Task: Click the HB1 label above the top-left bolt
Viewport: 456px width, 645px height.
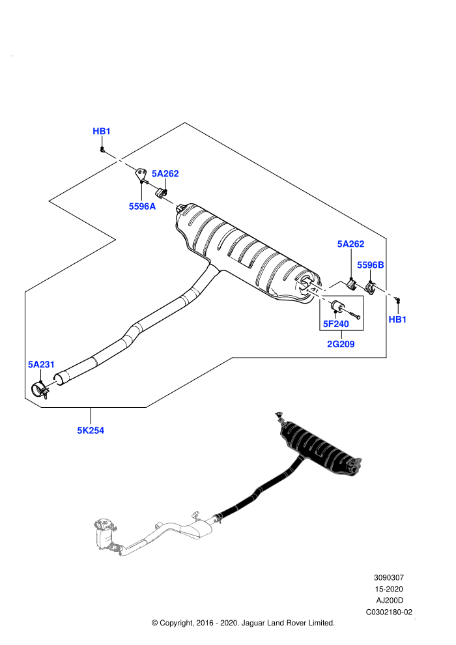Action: click(x=102, y=131)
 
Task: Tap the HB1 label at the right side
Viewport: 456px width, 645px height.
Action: click(x=397, y=319)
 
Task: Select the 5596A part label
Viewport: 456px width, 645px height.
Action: click(x=142, y=207)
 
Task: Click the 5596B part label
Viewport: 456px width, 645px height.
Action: click(x=371, y=265)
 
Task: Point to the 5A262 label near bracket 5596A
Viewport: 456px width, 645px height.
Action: click(x=165, y=173)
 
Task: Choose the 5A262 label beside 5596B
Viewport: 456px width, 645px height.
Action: click(x=350, y=244)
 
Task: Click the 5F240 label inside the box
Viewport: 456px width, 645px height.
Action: click(x=336, y=324)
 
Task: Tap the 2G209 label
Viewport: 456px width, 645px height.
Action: click(x=341, y=344)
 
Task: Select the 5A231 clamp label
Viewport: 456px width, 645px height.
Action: click(x=41, y=364)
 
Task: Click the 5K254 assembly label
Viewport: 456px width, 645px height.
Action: click(x=91, y=431)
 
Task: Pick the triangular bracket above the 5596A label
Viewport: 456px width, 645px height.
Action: click(x=141, y=175)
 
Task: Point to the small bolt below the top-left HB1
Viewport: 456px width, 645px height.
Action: click(x=102, y=149)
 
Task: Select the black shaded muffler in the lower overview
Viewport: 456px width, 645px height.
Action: click(x=319, y=446)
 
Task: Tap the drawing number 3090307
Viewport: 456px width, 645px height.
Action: click(x=388, y=578)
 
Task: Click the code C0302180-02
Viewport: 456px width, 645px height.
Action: click(x=389, y=612)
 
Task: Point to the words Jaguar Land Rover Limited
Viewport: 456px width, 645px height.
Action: click(x=288, y=623)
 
